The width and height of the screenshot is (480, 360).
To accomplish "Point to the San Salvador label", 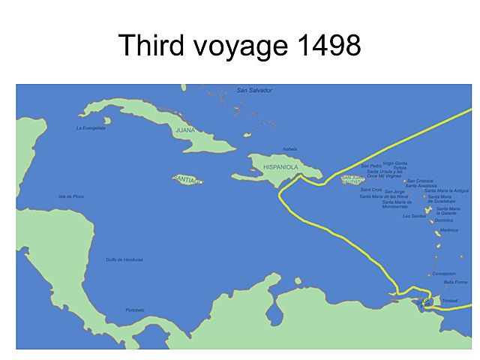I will point(254,90).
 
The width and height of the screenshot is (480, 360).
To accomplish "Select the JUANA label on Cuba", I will point(185,130).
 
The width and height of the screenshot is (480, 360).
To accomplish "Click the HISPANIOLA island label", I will point(280,166).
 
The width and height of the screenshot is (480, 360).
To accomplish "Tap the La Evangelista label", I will point(91,128).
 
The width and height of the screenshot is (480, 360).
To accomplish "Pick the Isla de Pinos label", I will point(71,196).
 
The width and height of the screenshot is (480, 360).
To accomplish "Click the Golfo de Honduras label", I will point(124,260).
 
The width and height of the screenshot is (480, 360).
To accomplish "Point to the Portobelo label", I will point(135,310).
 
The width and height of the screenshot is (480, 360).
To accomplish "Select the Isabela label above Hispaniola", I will point(290,149).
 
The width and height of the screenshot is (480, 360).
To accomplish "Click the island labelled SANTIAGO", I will point(187,180).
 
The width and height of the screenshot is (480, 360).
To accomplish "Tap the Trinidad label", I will point(449,301).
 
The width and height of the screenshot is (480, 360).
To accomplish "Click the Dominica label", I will point(444,220).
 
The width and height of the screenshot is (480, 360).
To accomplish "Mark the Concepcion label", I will point(443,274).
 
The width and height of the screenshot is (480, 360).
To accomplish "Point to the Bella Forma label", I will point(455,282).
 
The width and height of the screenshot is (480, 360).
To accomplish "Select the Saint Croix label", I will point(371,190).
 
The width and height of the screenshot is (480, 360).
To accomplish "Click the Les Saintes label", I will point(414,216).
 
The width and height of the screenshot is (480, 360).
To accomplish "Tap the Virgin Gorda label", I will point(395,163).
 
